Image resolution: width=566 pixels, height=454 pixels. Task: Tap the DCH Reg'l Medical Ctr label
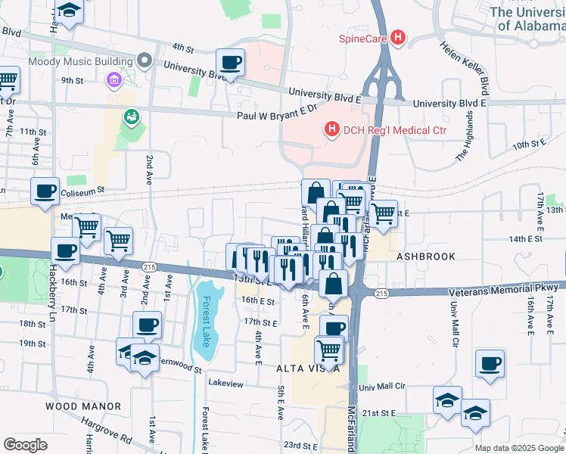pos(395,130)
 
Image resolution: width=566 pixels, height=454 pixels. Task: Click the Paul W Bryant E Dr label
pos(275,115)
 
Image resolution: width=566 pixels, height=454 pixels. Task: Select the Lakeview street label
pos(226,384)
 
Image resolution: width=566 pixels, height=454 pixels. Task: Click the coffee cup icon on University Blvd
pos(230,63)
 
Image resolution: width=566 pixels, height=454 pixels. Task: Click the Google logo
pos(25,444)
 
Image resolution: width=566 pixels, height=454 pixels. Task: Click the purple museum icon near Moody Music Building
pos(114,79)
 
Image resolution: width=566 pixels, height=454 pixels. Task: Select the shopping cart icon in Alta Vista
pos(328,350)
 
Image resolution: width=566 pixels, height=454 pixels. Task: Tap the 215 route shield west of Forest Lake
pos(149,266)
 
